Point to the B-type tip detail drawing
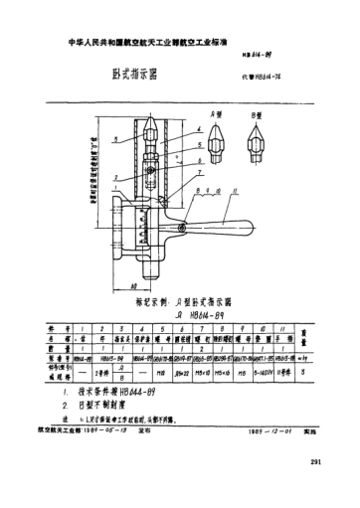tap(258, 142)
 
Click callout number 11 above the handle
tap(262, 190)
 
